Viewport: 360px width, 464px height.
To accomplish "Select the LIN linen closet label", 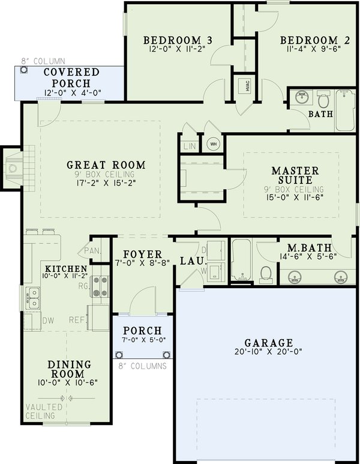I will tap(189, 145).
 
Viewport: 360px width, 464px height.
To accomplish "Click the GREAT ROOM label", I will tap(106, 164).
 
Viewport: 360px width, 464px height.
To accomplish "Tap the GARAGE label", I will tap(265, 343).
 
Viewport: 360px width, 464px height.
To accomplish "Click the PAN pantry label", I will tap(91, 250).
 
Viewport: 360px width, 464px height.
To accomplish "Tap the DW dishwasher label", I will tap(48, 320).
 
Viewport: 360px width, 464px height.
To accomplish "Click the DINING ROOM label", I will tap(69, 369).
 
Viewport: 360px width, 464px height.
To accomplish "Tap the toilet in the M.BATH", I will tap(266, 273).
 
